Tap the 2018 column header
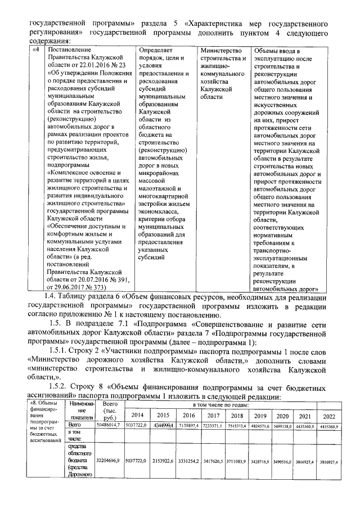pos(236,415)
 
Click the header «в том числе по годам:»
pos(232,404)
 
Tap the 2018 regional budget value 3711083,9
pos(236,460)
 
